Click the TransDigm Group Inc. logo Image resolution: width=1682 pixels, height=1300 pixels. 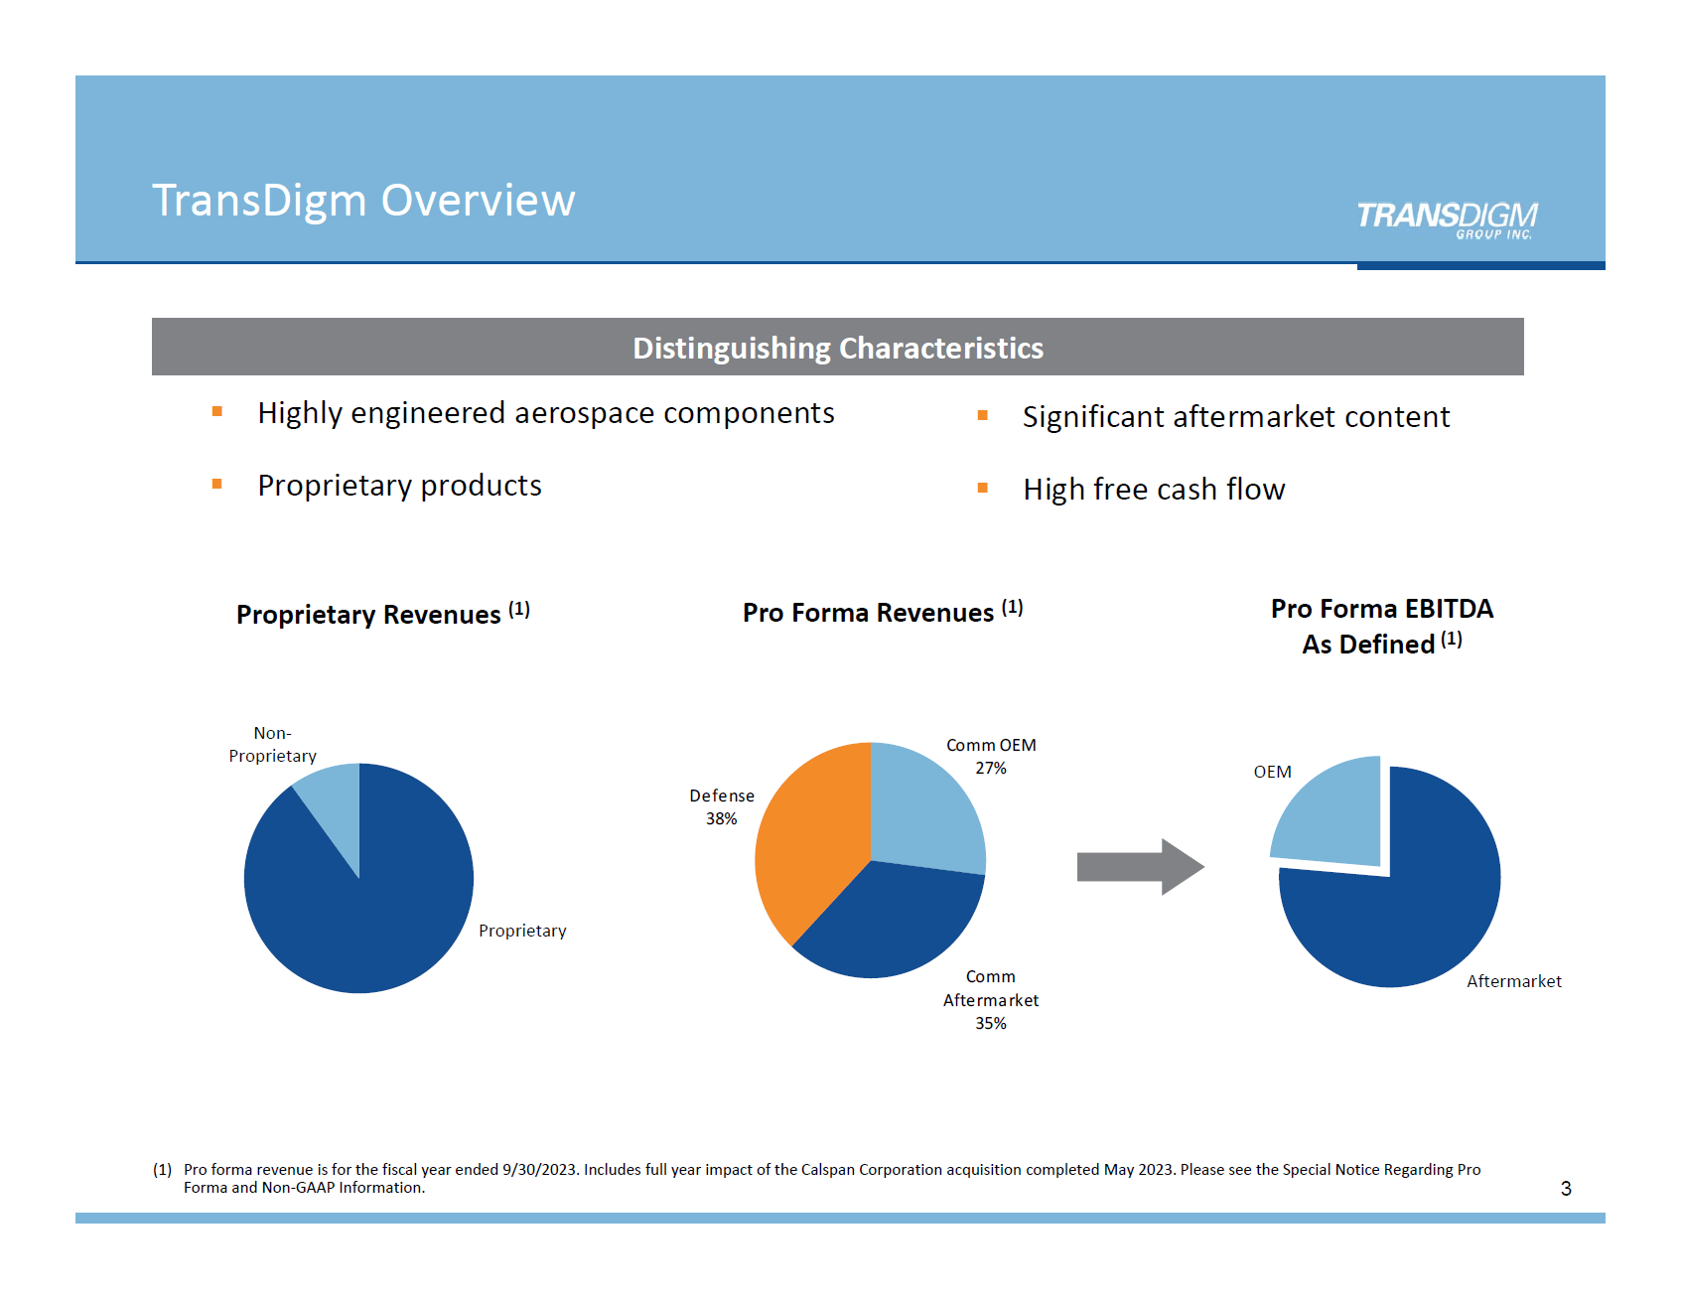tap(1446, 218)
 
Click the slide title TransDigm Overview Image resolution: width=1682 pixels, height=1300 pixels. tap(363, 201)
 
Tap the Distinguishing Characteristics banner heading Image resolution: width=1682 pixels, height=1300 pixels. tap(837, 348)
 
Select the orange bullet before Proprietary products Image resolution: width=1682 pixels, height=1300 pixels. tap(216, 485)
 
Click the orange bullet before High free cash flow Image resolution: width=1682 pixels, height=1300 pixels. tap(982, 488)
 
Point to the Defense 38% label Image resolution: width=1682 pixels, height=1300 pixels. tap(722, 806)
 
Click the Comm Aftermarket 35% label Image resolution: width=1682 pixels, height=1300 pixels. tap(990, 999)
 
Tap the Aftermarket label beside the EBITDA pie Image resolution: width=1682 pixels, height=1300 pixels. tap(1513, 981)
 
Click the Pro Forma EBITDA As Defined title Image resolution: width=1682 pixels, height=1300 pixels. tap(1381, 626)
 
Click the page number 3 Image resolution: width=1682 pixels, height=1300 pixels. tap(1566, 1188)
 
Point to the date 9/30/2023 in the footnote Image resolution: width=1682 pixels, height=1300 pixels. tap(539, 1170)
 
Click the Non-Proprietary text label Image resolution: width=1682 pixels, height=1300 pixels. tap(272, 744)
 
